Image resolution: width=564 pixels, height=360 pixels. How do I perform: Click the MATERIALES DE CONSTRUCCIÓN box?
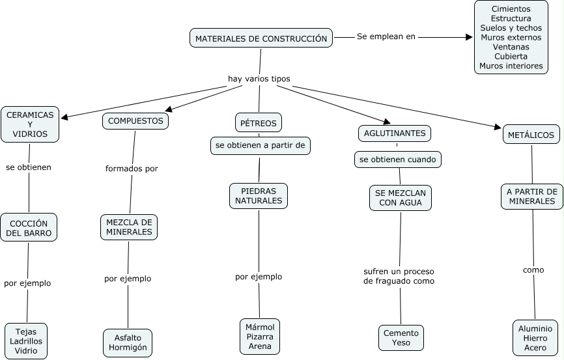coord(261,38)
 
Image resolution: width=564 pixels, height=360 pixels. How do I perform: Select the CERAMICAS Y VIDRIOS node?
coord(30,124)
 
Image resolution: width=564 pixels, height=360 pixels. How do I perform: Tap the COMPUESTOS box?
coord(135,121)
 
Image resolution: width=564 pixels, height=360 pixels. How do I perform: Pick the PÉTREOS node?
coord(259,122)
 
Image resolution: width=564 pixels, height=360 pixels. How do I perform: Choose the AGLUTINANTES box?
coord(395,133)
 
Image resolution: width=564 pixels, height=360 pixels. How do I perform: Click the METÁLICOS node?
coord(531,135)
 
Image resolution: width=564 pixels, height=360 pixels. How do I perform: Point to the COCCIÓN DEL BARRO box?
coord(29,228)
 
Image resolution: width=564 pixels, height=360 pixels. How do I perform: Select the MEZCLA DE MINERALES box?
coord(129,227)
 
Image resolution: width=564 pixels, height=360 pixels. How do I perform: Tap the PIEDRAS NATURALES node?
coord(259,196)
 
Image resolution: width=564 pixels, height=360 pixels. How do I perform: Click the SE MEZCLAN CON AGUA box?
coord(401,198)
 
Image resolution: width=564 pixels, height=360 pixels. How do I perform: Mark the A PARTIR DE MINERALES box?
coord(532,196)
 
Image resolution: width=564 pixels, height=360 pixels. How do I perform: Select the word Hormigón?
coord(128,348)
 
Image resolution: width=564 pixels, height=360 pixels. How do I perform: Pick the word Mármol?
coord(259,326)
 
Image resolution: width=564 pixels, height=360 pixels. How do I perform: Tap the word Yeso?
coord(401,342)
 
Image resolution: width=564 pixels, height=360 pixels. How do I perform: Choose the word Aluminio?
coord(535,329)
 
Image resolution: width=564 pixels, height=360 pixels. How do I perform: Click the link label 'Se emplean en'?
coord(386,36)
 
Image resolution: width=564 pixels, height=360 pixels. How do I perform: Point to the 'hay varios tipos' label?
coord(259,79)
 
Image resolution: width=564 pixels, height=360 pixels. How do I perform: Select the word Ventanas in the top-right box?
coord(511,47)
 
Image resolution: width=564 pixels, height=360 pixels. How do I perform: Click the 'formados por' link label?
coord(132,169)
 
